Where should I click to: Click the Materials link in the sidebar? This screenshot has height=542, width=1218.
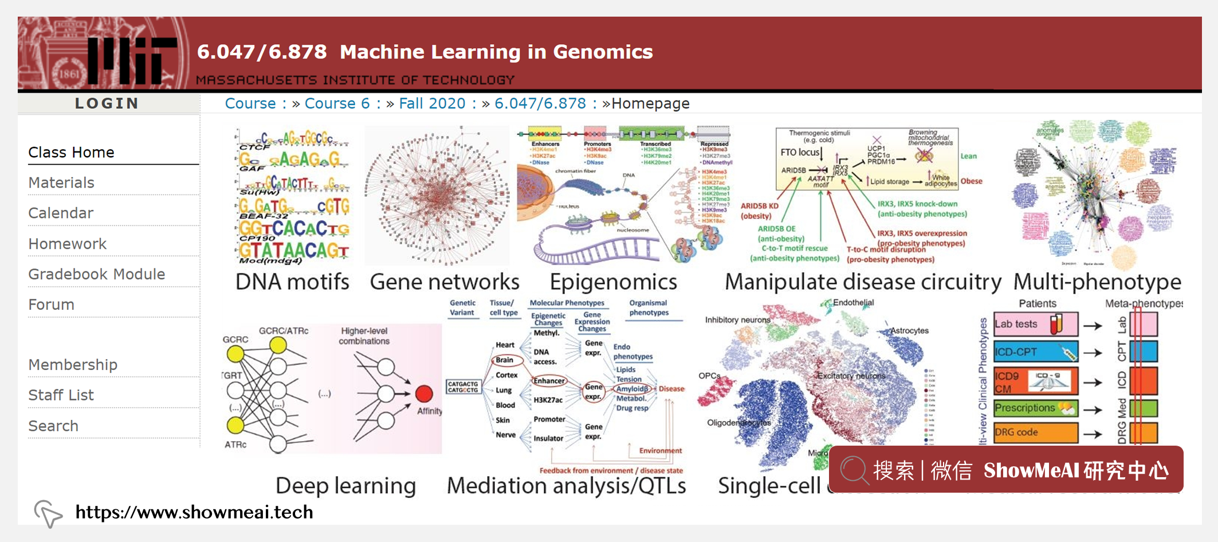pyautogui.click(x=61, y=183)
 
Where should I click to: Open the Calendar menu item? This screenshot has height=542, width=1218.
pyautogui.click(x=61, y=213)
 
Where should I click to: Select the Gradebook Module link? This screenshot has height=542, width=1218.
pyautogui.click(x=97, y=275)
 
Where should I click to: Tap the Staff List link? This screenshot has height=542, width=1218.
pyautogui.click(x=61, y=395)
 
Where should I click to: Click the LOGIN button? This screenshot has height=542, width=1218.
pyautogui.click(x=107, y=104)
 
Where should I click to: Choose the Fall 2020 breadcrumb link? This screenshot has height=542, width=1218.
pyautogui.click(x=432, y=104)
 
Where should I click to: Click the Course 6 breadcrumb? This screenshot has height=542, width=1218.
pyautogui.click(x=337, y=104)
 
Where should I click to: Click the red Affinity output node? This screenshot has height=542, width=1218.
pyautogui.click(x=424, y=393)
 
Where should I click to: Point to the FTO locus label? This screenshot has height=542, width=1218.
pyautogui.click(x=800, y=153)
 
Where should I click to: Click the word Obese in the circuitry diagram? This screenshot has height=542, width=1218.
pyautogui.click(x=972, y=181)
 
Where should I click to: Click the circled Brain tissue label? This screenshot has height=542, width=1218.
pyautogui.click(x=505, y=360)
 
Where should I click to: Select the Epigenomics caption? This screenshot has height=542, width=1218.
pyautogui.click(x=613, y=282)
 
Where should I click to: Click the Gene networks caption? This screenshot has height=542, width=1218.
pyautogui.click(x=445, y=282)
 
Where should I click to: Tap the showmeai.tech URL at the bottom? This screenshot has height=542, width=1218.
pyautogui.click(x=194, y=512)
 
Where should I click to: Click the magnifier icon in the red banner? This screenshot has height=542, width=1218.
pyautogui.click(x=854, y=470)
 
